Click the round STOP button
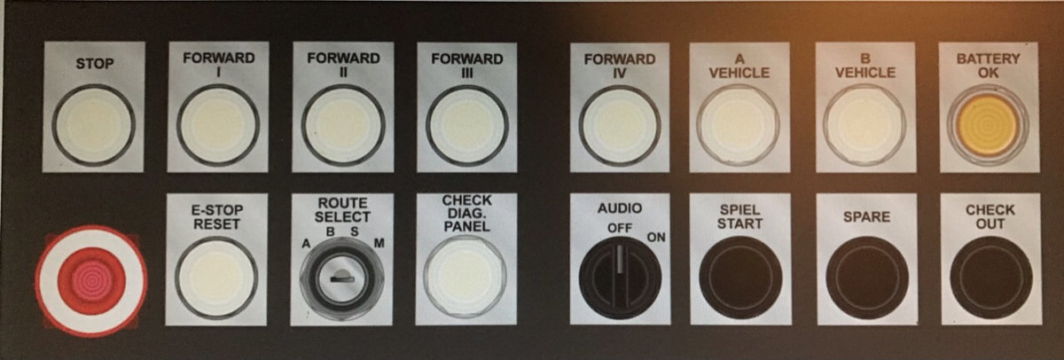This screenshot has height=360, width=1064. point(94,125)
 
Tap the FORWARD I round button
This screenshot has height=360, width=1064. point(218,125)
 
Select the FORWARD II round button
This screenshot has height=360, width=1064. point(342,125)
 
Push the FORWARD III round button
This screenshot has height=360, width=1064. point(466,125)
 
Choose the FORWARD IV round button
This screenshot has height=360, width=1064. point(619,125)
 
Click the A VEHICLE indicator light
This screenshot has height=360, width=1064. point(738,125)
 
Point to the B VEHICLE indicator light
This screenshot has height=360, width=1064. point(864,125)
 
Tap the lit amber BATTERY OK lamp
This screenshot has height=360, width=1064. point(988,125)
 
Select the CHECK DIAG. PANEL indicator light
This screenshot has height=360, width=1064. point(465,277)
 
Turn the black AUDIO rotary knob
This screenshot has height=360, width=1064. point(620,278)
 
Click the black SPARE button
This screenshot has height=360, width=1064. point(867,278)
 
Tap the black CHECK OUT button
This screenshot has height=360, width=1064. point(991,278)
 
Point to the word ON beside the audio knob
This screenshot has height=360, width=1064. point(656,237)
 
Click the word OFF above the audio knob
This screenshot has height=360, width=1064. point(620,229)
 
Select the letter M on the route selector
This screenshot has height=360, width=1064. point(379,243)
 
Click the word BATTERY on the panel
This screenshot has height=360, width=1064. point(988,59)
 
